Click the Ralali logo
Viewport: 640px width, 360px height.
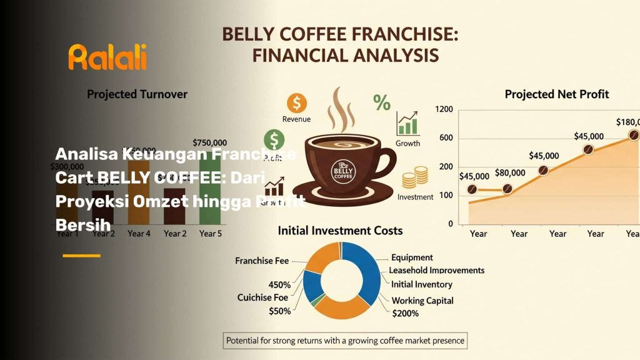point(107,57)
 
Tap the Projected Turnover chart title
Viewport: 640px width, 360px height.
point(137,94)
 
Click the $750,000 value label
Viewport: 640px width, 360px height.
point(210,143)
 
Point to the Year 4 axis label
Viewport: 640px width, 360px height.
point(139,233)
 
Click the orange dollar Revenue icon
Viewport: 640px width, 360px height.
point(296,102)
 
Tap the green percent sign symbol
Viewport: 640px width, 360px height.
point(381,102)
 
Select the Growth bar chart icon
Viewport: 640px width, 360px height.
point(407,124)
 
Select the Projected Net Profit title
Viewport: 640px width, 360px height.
point(556,94)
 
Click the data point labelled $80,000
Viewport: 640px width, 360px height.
point(507,189)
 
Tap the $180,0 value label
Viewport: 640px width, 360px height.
point(627,122)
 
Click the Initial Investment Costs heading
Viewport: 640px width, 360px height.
point(340,230)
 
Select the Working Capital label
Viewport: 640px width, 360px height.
point(422,301)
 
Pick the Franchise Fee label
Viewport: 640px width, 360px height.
point(262,261)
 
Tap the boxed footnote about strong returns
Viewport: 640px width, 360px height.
point(345,341)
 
